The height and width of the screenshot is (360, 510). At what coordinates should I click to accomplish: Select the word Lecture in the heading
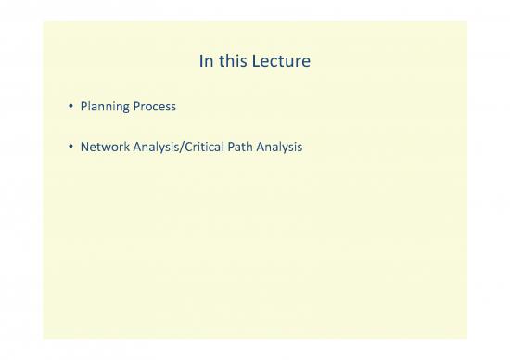pyautogui.click(x=285, y=63)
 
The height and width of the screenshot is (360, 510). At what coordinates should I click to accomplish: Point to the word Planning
pyautogui.click(x=107, y=107)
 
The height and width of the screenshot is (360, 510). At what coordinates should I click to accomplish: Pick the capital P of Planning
pyautogui.click(x=85, y=107)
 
